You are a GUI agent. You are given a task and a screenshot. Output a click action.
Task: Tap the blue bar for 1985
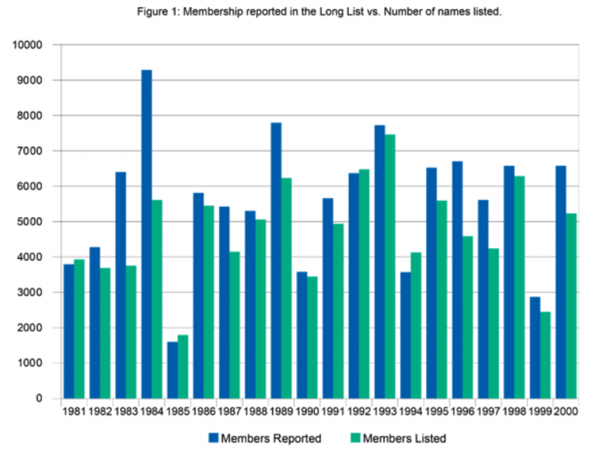point(172,370)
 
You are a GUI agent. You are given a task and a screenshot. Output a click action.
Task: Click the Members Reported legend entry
point(271,438)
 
